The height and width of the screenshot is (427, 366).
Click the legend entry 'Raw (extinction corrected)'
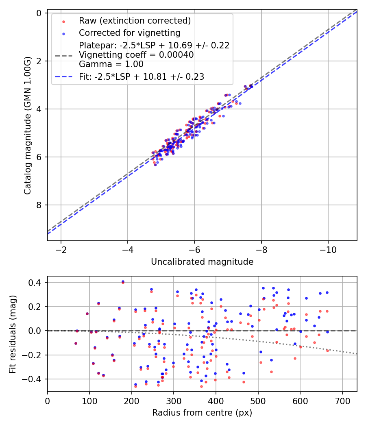point(135,21)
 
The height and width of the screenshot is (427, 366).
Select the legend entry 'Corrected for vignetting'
point(130,33)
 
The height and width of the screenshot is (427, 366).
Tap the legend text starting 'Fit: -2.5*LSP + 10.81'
point(142,76)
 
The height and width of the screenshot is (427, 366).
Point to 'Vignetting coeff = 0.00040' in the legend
point(136,55)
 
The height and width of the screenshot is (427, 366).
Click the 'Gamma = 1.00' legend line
point(111,64)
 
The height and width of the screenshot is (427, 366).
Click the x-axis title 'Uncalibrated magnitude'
point(202,262)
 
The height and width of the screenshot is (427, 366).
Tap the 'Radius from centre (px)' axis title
point(202,413)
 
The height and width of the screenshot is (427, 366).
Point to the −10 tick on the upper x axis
point(328,249)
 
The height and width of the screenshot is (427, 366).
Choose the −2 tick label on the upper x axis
point(61,249)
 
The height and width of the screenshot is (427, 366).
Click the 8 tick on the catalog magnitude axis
point(39,205)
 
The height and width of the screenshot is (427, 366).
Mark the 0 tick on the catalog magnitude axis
point(39,13)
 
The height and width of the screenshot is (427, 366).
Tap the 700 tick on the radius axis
point(342,400)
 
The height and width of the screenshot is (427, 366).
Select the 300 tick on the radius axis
point(174,400)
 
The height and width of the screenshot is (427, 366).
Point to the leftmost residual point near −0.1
point(76,343)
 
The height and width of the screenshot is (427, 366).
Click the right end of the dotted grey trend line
point(357,354)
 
